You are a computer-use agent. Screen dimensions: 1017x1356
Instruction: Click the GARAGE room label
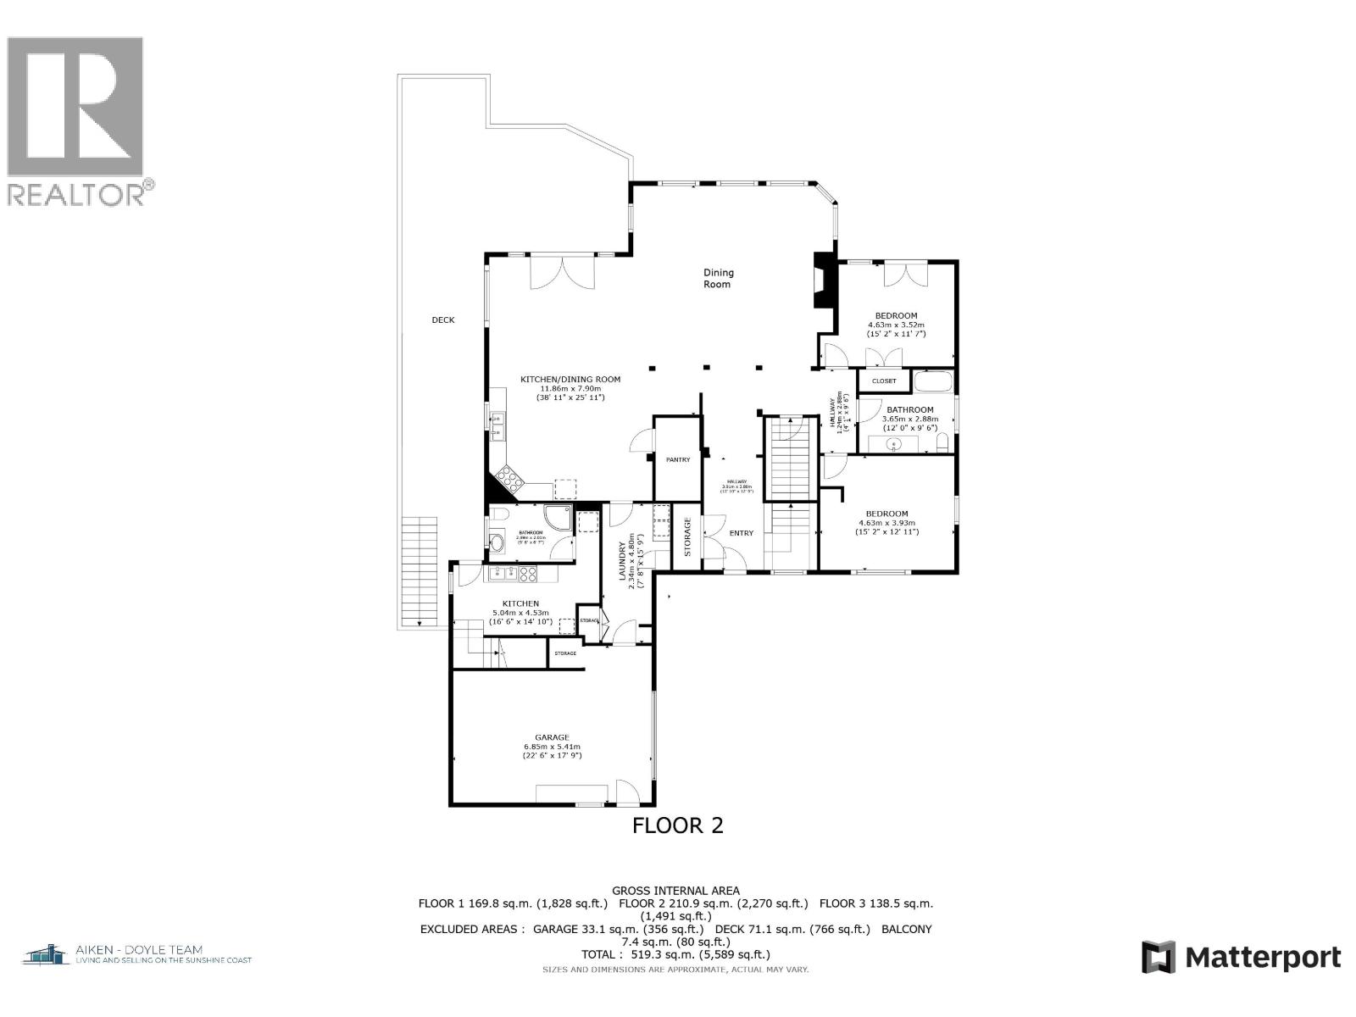[x=552, y=737]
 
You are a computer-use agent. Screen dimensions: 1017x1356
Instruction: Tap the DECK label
[x=443, y=320]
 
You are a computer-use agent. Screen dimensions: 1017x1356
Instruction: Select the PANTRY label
[x=678, y=460]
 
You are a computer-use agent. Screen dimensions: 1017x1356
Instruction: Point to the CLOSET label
[x=884, y=381]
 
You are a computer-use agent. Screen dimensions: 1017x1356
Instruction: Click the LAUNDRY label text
[x=622, y=564]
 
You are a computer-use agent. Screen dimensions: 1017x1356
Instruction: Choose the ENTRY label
[x=741, y=533]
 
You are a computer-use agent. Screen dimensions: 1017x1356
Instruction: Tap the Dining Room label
[x=718, y=279]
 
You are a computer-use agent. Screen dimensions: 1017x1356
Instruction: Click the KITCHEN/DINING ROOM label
[x=570, y=380]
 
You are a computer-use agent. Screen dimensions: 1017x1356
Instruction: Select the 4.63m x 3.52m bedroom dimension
[x=896, y=325]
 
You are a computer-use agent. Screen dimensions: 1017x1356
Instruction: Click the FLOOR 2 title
[x=678, y=825]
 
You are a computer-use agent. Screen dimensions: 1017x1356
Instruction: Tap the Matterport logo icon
[x=1159, y=958]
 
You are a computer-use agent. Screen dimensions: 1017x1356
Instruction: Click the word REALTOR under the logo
[x=75, y=195]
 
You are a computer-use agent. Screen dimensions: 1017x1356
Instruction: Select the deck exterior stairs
[x=420, y=570]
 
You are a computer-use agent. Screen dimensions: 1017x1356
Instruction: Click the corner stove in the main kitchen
[x=510, y=481]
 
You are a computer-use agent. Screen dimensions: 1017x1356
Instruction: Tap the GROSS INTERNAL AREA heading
[x=675, y=891]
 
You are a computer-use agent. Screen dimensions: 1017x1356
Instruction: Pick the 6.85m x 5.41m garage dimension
[x=552, y=747]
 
